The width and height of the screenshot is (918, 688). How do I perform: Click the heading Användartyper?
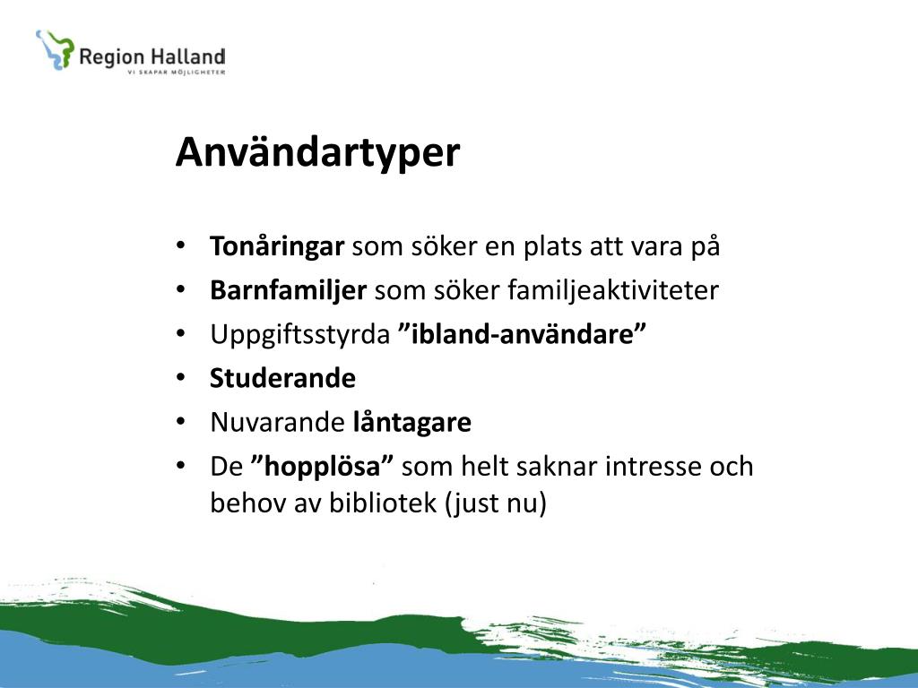coord(317,152)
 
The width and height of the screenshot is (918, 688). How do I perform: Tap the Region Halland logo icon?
coord(55,50)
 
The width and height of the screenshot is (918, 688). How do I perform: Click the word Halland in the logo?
coord(187,56)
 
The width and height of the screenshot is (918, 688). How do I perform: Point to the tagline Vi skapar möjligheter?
coord(177,72)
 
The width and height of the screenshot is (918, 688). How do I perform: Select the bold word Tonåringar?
coord(277,246)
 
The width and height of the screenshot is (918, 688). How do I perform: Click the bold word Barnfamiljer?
coord(288,290)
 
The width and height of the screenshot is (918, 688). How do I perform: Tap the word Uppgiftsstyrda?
coord(299,335)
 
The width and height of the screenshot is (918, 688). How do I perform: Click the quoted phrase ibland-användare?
coord(523,334)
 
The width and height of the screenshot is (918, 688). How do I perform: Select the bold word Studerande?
coord(282,378)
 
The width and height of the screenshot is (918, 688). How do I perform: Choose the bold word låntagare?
coord(412,423)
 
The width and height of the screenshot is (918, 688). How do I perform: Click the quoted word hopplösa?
coord(322,466)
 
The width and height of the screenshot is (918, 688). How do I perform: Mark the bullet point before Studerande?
coord(180,377)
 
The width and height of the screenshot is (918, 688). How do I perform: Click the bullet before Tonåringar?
coord(180,245)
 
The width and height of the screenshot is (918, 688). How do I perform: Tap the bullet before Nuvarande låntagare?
coord(180,421)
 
